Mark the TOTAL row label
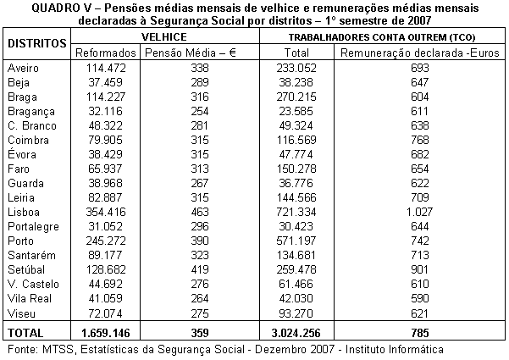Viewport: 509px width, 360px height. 26,331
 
